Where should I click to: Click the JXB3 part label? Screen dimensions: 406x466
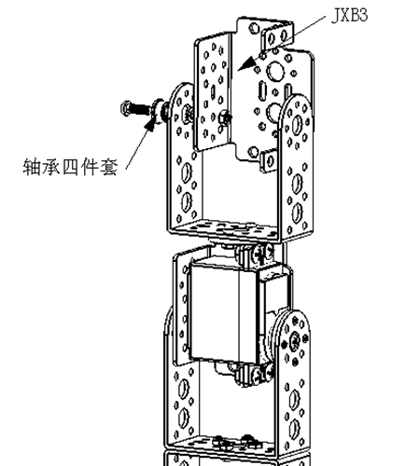[x=350, y=15]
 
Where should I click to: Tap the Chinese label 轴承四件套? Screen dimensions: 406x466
[x=70, y=167]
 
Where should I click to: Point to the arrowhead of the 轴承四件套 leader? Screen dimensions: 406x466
[x=150, y=125]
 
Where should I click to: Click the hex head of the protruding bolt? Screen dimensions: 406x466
[x=125, y=108]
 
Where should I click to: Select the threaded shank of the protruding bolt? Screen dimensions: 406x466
[x=140, y=109]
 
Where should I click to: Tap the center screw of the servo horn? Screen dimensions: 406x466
[x=294, y=340]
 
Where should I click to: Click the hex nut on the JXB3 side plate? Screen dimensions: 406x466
[x=224, y=118]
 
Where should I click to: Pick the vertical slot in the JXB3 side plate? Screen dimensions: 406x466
[x=213, y=92]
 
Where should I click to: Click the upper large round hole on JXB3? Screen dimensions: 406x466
[x=275, y=70]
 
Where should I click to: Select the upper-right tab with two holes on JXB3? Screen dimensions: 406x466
[x=276, y=35]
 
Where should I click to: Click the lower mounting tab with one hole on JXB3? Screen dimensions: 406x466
[x=269, y=159]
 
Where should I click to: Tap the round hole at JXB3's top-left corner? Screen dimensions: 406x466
[x=254, y=28]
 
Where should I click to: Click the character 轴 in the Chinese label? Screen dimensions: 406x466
[x=32, y=167]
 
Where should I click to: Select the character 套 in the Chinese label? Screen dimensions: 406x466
[x=109, y=167]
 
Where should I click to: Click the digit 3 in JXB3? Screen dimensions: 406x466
[x=363, y=15]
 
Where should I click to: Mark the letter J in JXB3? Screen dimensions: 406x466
[x=336, y=16]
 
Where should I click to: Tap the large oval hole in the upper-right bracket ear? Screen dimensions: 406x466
[x=297, y=124]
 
